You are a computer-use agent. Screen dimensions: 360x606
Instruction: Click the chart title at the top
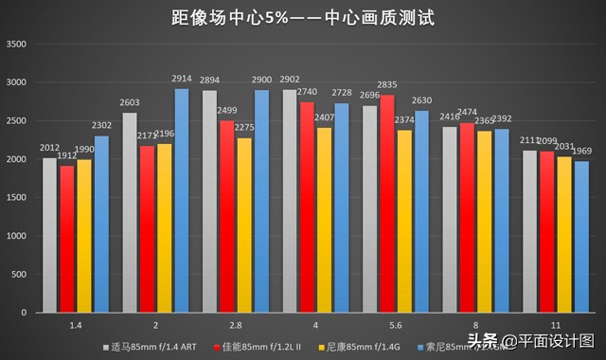click(303, 16)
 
